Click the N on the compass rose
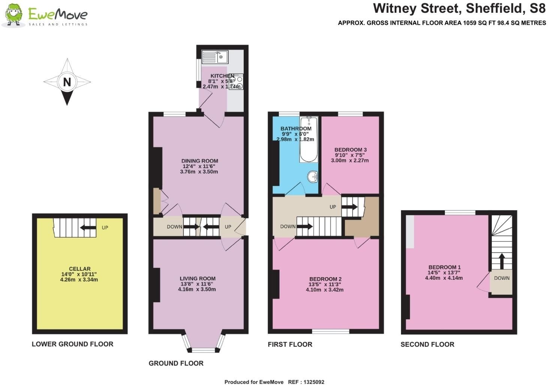click(67, 82)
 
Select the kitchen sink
click(215, 57)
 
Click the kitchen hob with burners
click(236, 82)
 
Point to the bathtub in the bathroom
click(309, 139)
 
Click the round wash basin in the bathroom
click(313, 177)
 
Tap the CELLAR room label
click(80, 269)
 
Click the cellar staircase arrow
click(88, 228)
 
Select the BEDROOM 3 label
click(350, 149)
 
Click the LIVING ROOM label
click(198, 278)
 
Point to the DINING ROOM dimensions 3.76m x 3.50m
click(199, 172)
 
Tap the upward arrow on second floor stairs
click(502, 261)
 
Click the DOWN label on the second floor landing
click(502, 278)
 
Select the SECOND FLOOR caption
click(427, 345)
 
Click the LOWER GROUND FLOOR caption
click(73, 344)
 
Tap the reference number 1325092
click(314, 382)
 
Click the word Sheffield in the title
click(497, 9)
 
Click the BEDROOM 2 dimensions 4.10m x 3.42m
click(325, 290)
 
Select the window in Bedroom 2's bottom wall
click(331, 331)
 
